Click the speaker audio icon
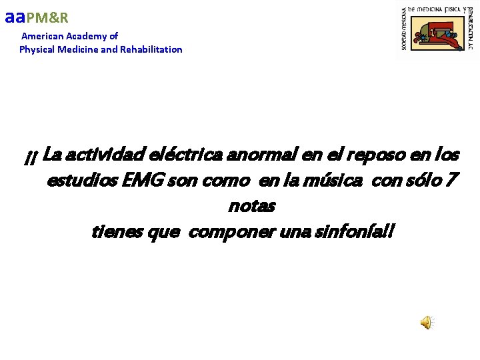coord(426,323)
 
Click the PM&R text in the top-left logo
coord(47,18)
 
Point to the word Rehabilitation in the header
coord(151,49)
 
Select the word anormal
coord(262,155)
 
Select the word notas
coord(251,206)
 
